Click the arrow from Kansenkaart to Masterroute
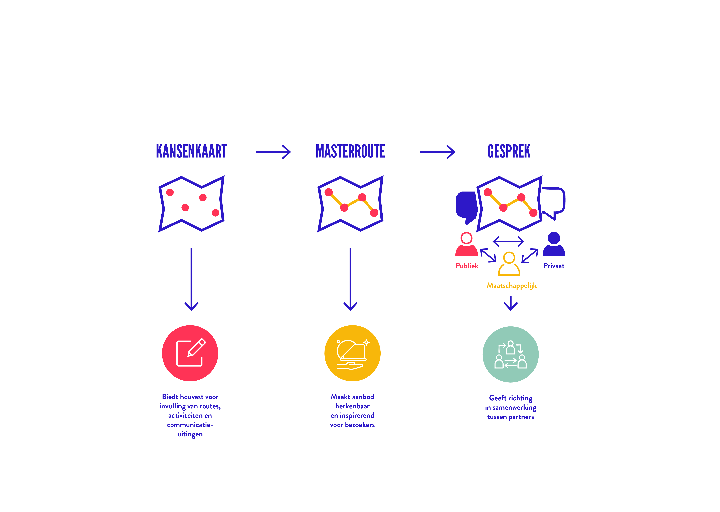coord(273,152)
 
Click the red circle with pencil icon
coord(190,353)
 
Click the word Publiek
coord(467,266)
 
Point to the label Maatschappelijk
coord(512,286)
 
